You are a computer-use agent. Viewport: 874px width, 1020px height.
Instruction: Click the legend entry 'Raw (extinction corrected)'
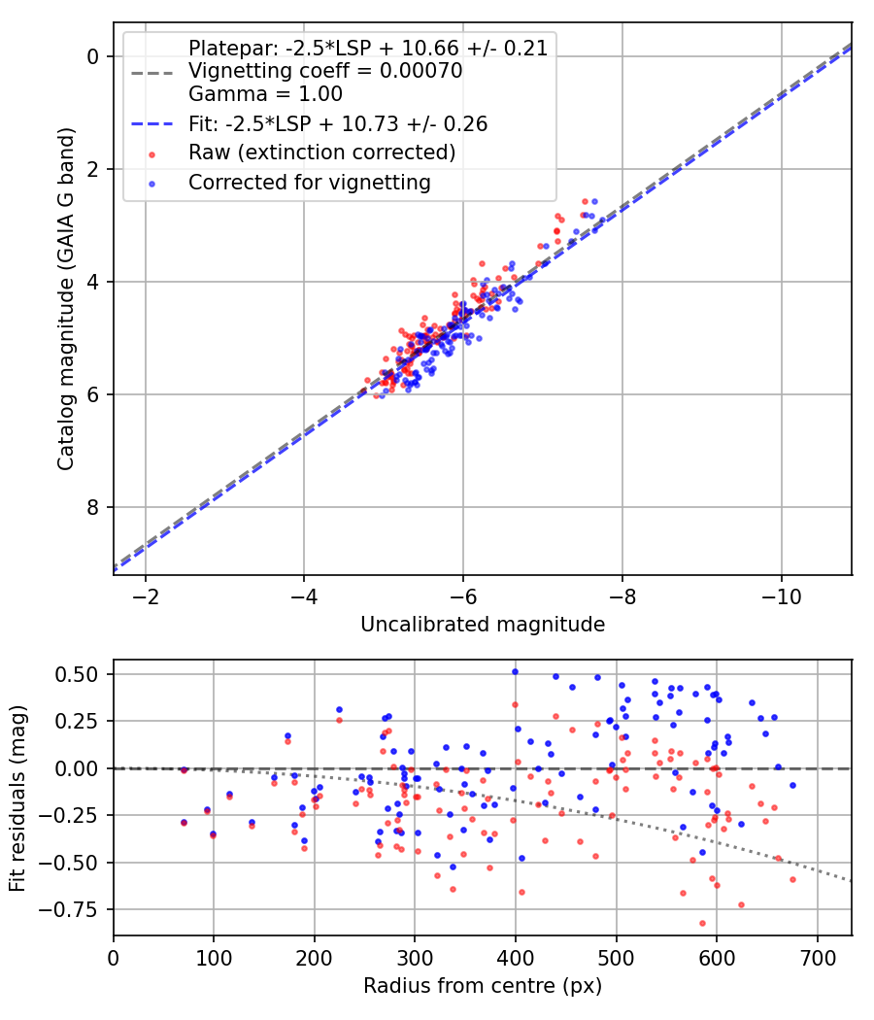321,153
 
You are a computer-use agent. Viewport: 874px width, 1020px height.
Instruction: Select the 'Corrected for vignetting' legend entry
310,182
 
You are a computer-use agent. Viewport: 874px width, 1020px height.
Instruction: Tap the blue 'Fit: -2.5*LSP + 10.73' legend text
338,123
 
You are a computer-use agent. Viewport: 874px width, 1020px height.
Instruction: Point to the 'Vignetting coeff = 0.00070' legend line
325,71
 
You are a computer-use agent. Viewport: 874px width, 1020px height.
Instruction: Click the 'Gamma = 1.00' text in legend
265,94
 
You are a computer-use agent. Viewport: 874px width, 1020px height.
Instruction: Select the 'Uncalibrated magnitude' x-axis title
483,624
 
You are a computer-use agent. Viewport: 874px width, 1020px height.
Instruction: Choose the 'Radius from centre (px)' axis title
483,986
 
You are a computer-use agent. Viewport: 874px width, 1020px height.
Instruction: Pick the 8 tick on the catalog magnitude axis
92,507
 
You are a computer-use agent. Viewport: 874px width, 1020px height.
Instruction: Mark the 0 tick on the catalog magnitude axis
92,56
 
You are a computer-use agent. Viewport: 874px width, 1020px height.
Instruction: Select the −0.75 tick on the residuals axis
76,909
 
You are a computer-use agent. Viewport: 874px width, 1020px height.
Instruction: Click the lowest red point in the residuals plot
702,923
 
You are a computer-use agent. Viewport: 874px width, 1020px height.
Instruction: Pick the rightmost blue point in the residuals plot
792,785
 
